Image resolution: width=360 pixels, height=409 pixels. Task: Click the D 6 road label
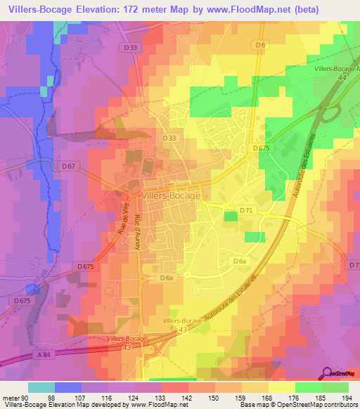point(260,45)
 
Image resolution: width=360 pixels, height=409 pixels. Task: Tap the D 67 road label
point(68,166)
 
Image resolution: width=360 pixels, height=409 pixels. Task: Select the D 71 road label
point(246,210)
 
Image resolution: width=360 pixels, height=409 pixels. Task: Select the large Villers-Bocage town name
point(172,196)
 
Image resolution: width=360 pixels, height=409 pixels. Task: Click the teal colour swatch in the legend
point(41,387)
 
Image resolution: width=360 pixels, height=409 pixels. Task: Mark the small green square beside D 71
point(230,217)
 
